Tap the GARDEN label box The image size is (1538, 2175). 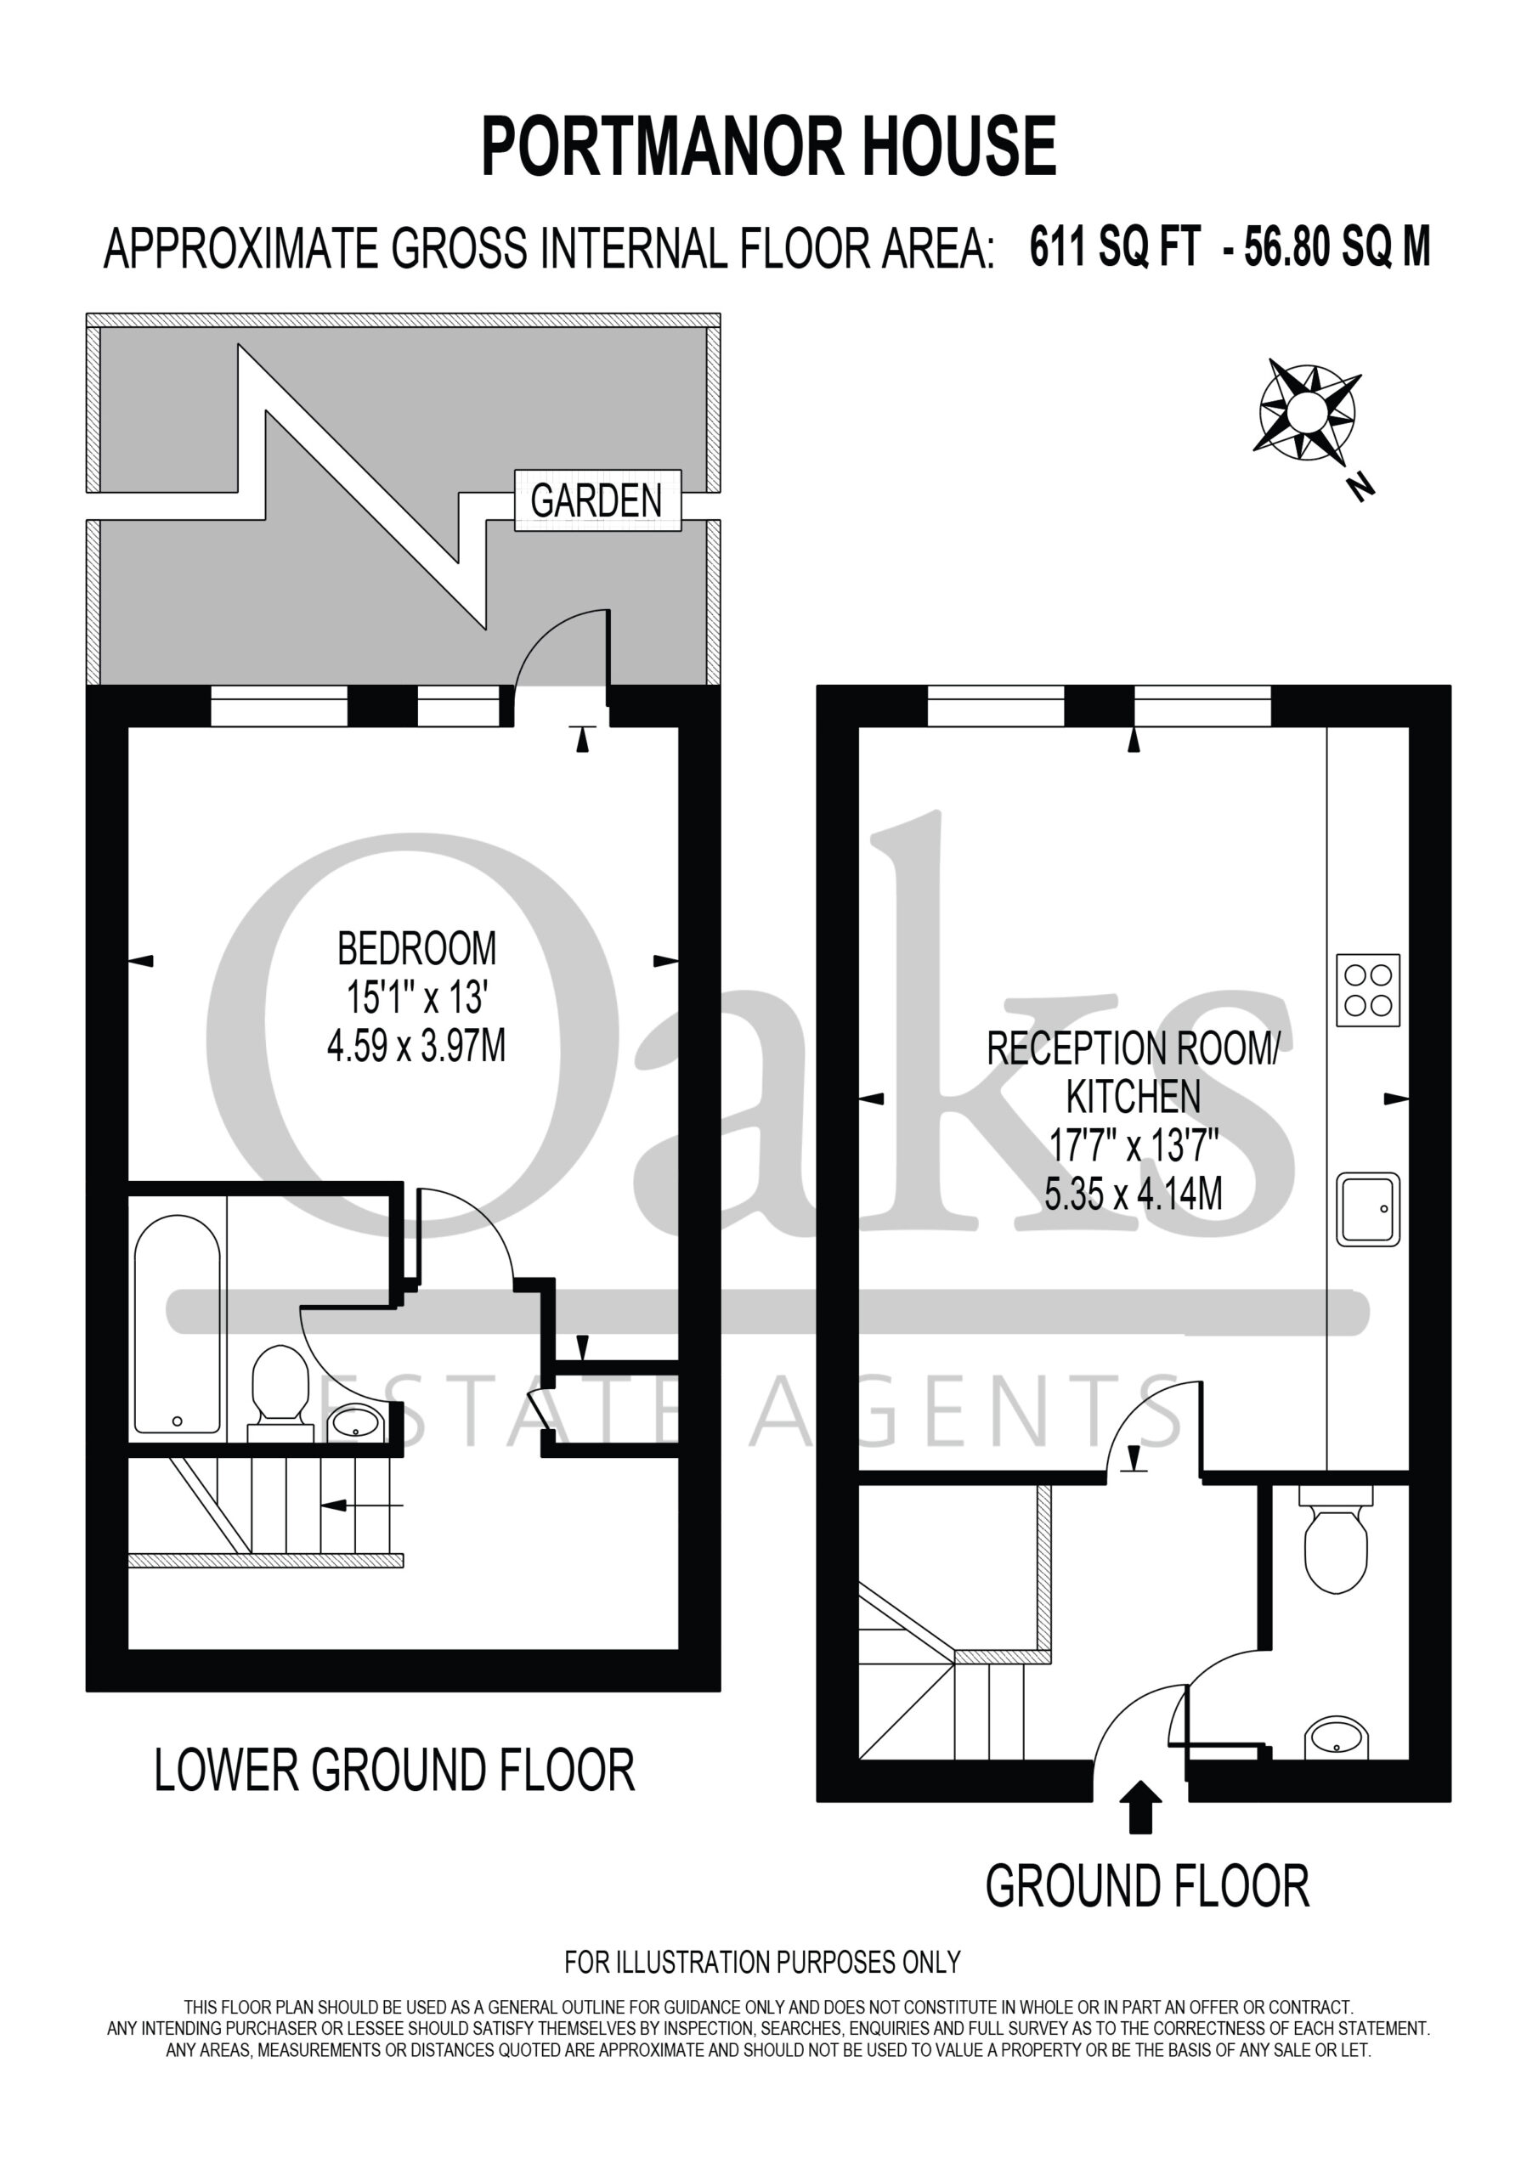(x=597, y=500)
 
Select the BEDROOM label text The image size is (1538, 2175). (x=417, y=948)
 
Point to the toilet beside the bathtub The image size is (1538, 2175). (x=280, y=1393)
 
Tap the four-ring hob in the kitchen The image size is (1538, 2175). (x=1367, y=990)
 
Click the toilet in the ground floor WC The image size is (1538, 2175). (x=1336, y=1543)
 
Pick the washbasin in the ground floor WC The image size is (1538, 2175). (x=1336, y=1738)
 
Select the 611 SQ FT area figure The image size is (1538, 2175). (x=1116, y=248)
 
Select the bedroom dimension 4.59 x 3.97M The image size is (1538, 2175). (x=416, y=1047)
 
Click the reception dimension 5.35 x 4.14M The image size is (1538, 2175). (x=1134, y=1195)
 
